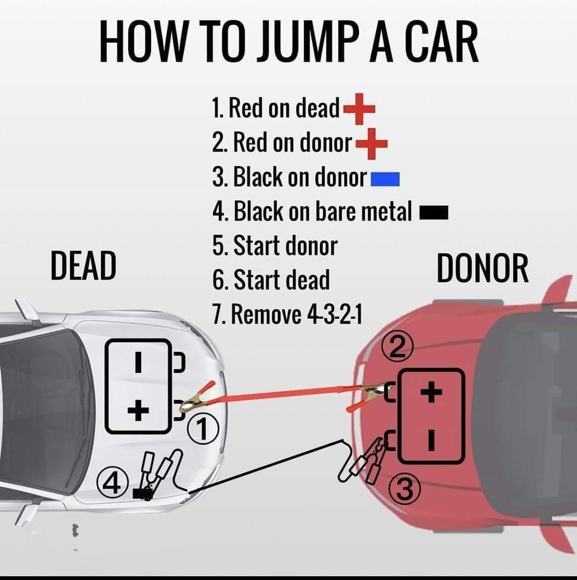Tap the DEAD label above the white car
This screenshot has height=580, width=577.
point(83,266)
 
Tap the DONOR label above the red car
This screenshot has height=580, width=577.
point(482,269)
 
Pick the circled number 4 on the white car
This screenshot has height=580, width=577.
point(112,484)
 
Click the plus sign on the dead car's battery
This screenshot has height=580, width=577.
point(138,411)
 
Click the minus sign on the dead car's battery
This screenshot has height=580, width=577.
point(138,363)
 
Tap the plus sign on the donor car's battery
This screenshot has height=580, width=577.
point(432,393)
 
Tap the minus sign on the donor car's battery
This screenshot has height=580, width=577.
point(432,440)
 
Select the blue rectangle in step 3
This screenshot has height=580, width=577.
point(385,179)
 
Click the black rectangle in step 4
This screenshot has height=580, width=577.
point(433,214)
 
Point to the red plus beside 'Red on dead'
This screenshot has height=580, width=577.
point(358,109)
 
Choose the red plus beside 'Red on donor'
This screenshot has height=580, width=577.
point(371,144)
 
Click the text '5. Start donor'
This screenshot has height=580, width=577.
point(275,246)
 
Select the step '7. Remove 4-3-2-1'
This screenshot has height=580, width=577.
point(287,315)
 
